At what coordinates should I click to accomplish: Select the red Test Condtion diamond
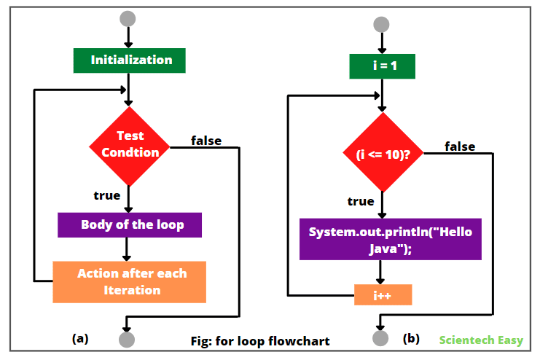tap(129, 144)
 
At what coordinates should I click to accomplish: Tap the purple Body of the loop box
tap(130, 224)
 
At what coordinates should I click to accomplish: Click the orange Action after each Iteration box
tap(130, 281)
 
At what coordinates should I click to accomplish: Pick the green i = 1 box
tap(382, 67)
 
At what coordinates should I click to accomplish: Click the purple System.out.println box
tap(391, 240)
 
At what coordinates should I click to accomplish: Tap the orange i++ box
tap(383, 295)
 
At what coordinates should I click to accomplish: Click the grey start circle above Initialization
tap(128, 19)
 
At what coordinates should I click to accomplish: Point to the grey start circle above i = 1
tap(382, 25)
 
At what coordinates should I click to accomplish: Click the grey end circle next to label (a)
tap(128, 339)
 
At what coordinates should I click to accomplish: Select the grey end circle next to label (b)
tap(380, 339)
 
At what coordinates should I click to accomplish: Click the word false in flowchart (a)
tap(206, 140)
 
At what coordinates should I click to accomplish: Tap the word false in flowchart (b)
tap(460, 146)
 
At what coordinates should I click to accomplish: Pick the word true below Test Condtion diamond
tap(107, 195)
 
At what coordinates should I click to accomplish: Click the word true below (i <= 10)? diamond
tap(360, 201)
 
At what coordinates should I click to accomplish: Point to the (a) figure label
tap(80, 338)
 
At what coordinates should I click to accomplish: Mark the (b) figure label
tap(411, 338)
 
